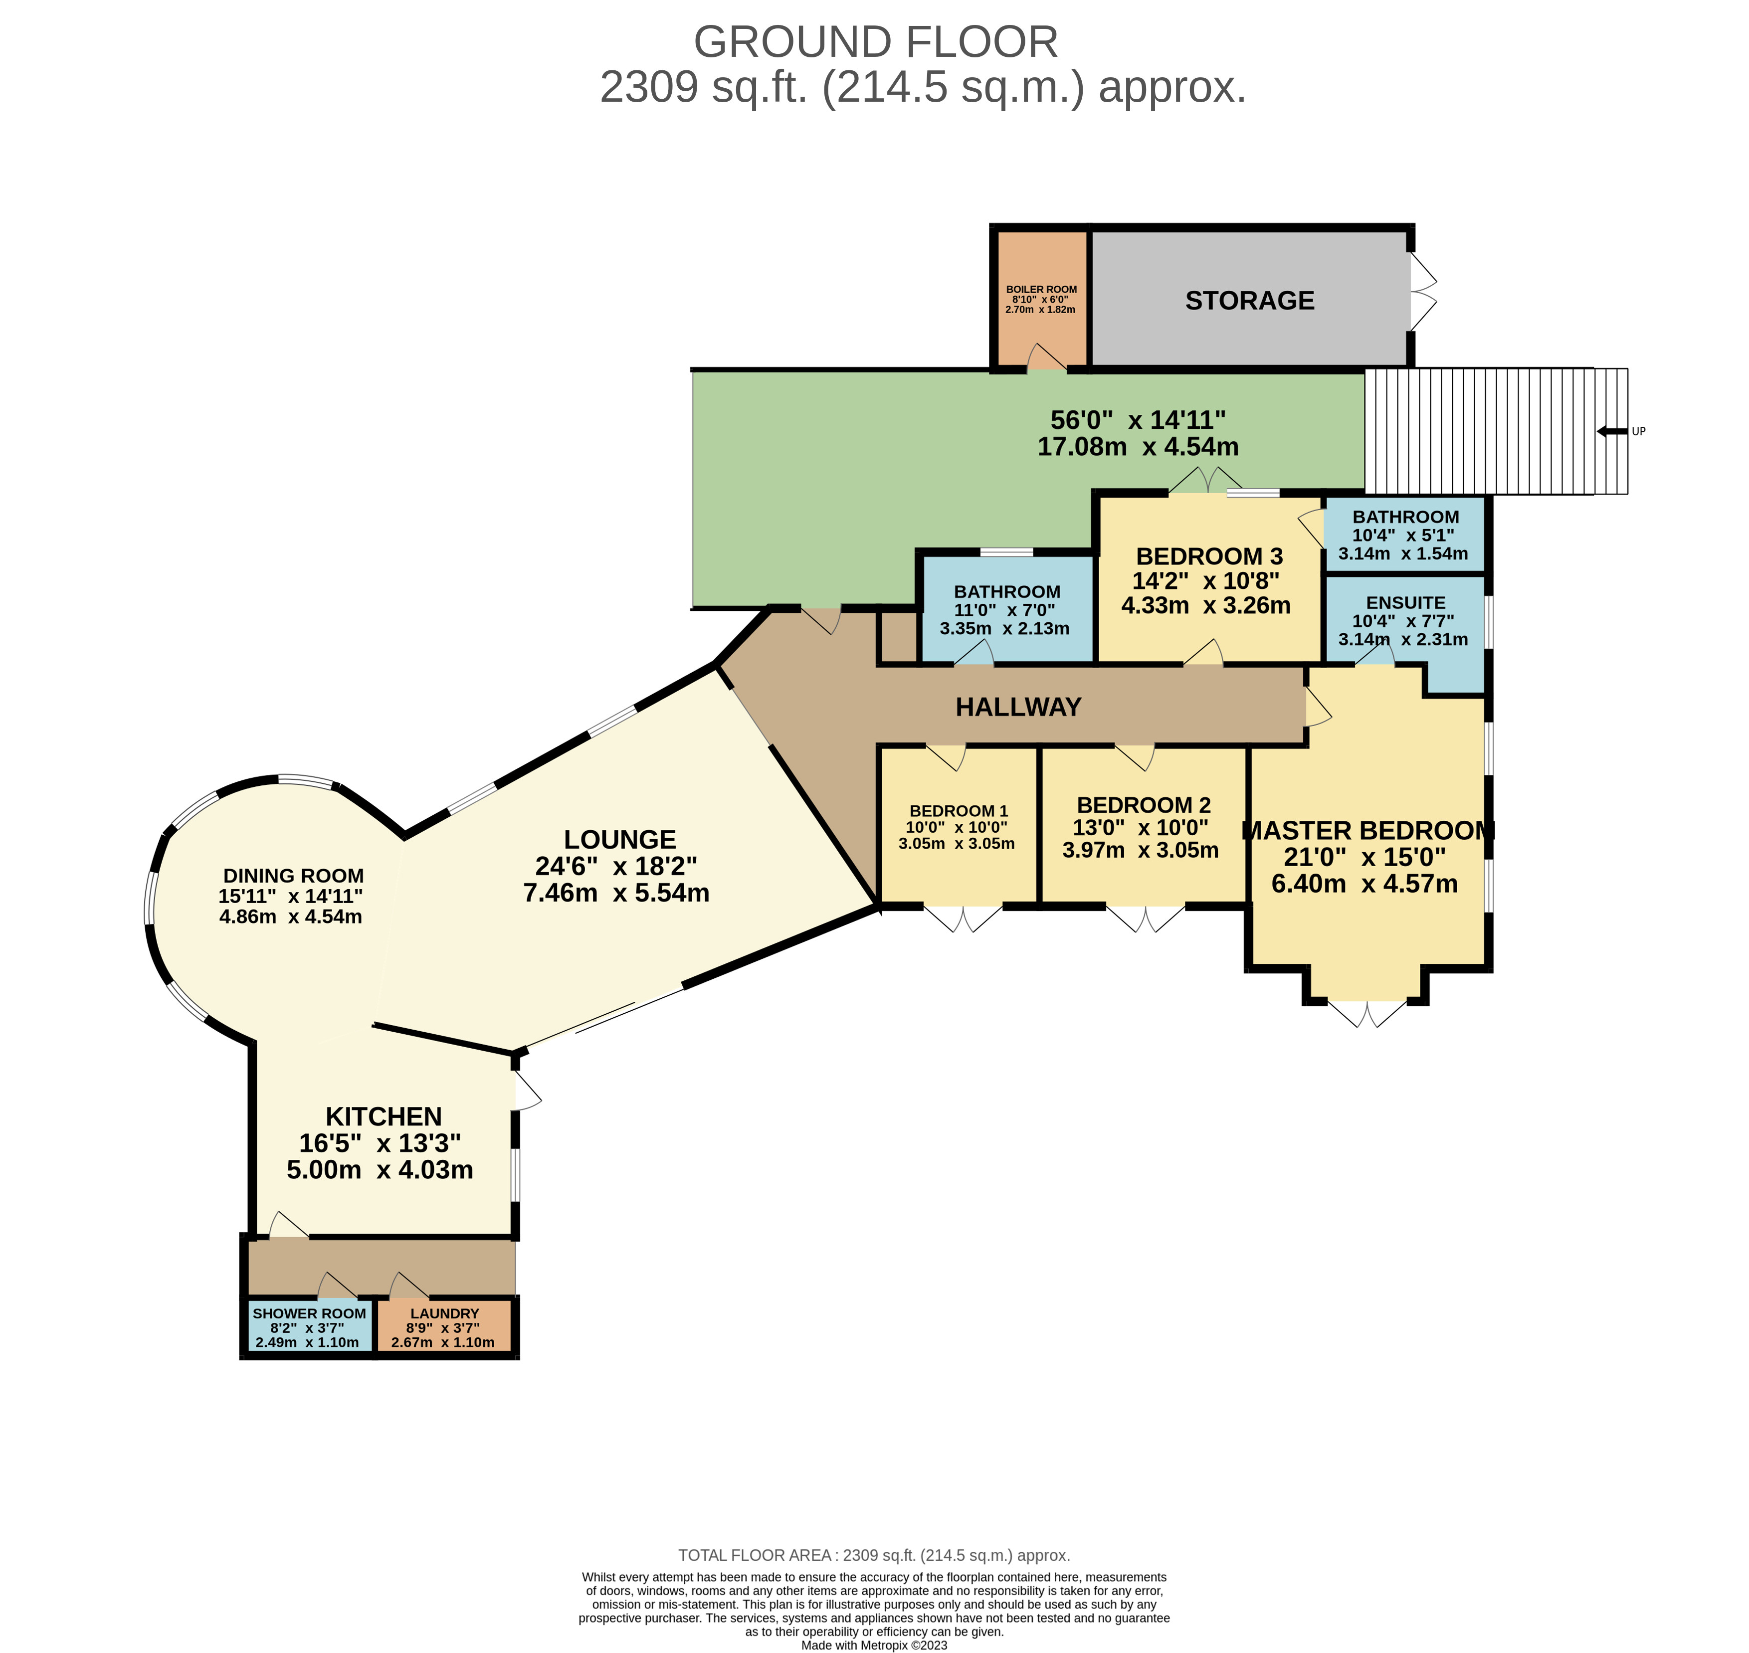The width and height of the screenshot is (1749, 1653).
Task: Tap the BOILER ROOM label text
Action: (1041, 289)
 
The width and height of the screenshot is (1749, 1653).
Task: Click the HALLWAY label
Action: (1018, 707)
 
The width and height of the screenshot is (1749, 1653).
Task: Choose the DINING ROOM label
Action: (293, 876)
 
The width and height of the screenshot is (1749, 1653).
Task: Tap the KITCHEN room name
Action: (384, 1116)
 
